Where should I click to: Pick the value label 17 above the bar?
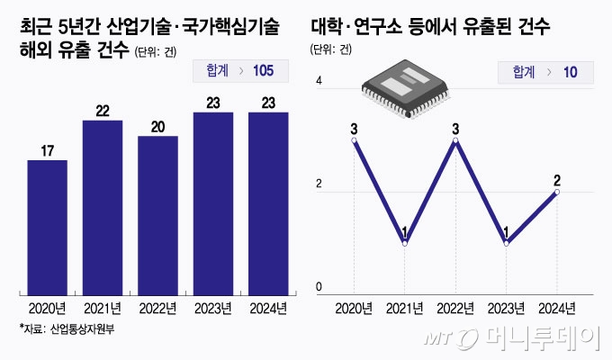pyautogui.click(x=47, y=150)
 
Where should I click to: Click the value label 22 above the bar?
pyautogui.click(x=102, y=110)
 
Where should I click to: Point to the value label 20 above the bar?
pyautogui.click(x=157, y=126)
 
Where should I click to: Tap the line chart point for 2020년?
pyautogui.click(x=354, y=140)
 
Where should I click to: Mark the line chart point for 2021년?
pyautogui.click(x=405, y=243)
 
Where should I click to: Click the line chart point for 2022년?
pyautogui.click(x=456, y=140)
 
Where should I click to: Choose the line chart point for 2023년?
pyautogui.click(x=507, y=243)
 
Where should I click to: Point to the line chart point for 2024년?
pyautogui.click(x=557, y=192)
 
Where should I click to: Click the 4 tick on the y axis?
pyautogui.click(x=318, y=83)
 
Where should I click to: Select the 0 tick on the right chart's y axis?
pyautogui.click(x=318, y=288)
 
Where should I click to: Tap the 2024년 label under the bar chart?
pyautogui.click(x=268, y=308)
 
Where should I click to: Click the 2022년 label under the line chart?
pyautogui.click(x=456, y=309)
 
